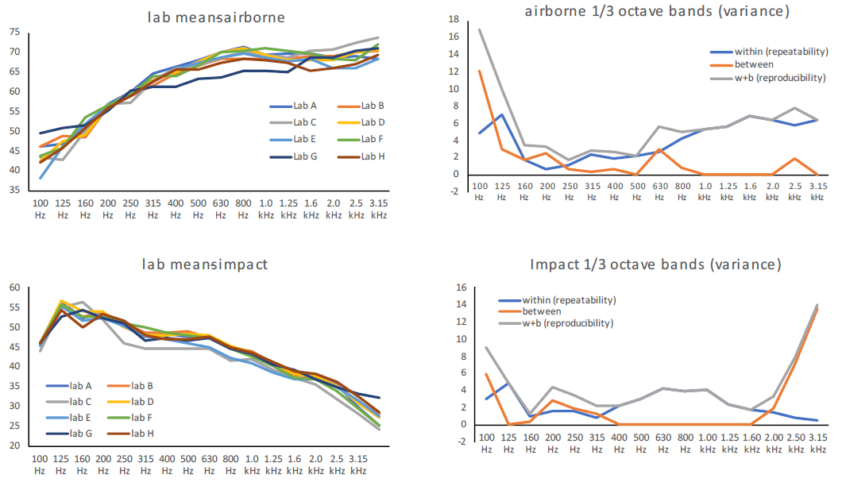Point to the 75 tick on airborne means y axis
[x=14, y=32]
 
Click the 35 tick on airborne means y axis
[x=14, y=191]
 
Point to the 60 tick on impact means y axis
[x=14, y=287]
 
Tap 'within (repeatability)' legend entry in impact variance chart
[x=569, y=300]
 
